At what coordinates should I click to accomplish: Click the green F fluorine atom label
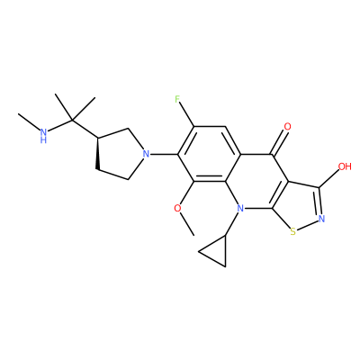tap(177, 99)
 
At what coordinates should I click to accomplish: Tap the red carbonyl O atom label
tap(287, 127)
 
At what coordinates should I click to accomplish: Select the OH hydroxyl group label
tap(345, 166)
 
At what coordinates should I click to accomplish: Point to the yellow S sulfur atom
tap(293, 231)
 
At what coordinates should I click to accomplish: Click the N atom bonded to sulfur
tap(321, 218)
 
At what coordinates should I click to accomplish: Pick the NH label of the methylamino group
tap(44, 135)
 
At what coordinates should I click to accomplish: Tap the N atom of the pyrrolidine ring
tap(146, 155)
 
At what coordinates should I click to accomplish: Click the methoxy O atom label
tap(177, 208)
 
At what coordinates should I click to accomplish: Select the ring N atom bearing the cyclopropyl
tap(240, 208)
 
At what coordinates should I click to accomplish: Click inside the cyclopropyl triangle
tap(217, 254)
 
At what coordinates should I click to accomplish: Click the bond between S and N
tap(307, 225)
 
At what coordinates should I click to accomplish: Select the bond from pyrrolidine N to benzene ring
tap(163, 155)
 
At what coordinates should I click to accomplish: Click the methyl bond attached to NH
tap(29, 121)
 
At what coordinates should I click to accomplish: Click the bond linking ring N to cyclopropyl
tap(231, 224)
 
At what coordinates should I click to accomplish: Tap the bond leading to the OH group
tap(329, 178)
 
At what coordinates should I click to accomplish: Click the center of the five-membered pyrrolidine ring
tap(120, 155)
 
